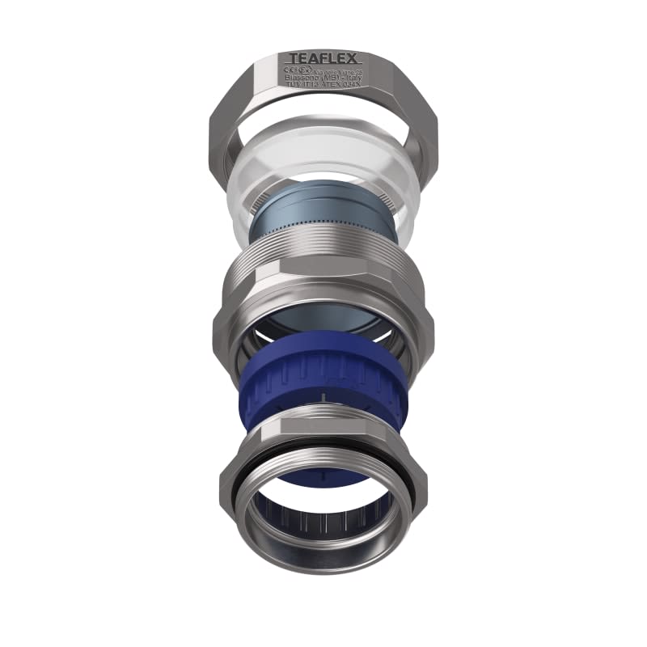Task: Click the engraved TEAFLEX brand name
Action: pyautogui.click(x=324, y=58)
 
